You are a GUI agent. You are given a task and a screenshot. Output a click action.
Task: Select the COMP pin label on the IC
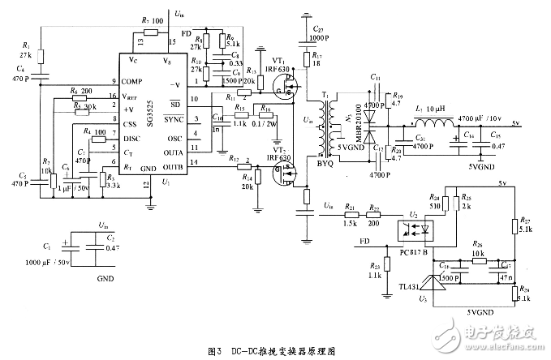point(133,82)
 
